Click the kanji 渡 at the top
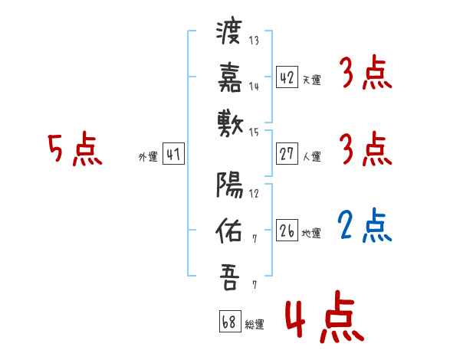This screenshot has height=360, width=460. [228, 33]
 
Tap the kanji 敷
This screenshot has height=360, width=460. [228, 123]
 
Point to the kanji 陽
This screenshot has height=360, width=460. [228, 185]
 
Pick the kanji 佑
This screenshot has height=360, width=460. [228, 230]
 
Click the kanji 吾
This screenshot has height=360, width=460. [228, 277]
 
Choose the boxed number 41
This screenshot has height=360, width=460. [173, 155]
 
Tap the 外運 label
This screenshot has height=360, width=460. [148, 157]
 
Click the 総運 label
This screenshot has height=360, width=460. [255, 323]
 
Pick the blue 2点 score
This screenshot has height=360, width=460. [365, 225]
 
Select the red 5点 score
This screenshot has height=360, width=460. [75, 149]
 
